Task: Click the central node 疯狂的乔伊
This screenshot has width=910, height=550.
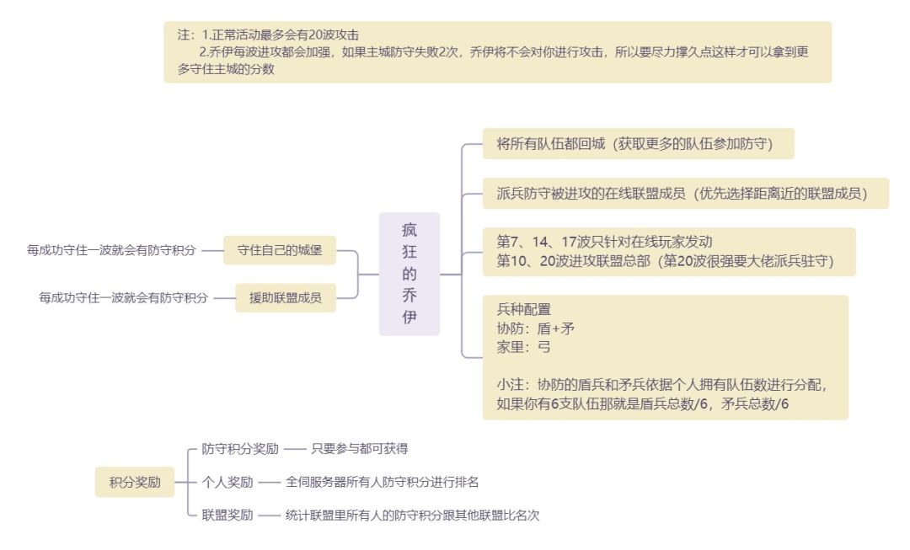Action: (x=409, y=274)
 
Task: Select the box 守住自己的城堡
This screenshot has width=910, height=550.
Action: (x=279, y=250)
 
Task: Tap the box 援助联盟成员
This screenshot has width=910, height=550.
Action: (x=286, y=297)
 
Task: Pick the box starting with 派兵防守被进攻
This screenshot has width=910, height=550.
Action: (x=681, y=194)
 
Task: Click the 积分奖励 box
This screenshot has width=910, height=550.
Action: (x=135, y=483)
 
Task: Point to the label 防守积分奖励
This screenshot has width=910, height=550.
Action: (x=240, y=449)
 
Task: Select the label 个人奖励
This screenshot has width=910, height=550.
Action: (x=227, y=483)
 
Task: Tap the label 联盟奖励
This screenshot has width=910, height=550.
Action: (x=227, y=515)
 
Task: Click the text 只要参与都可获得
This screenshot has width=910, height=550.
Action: (x=360, y=449)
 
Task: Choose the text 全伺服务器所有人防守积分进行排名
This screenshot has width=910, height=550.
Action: (x=383, y=483)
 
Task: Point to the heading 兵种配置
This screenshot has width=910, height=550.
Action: (x=524, y=309)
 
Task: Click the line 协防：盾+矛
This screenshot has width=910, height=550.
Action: (x=536, y=328)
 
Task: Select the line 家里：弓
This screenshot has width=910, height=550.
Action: (x=524, y=346)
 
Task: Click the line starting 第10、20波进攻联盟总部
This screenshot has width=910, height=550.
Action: (x=664, y=261)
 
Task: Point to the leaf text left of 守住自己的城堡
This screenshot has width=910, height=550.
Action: (x=111, y=250)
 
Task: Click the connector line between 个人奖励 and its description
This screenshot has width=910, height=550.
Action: (x=269, y=483)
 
